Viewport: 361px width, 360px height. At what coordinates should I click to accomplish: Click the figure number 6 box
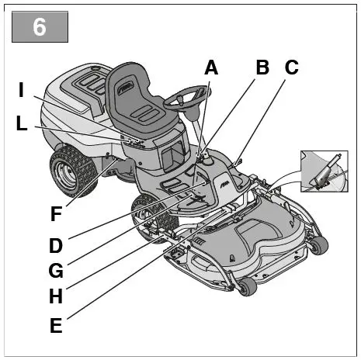40,27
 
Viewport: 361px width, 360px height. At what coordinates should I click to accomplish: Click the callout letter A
210,68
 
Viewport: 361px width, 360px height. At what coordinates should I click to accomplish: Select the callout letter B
262,67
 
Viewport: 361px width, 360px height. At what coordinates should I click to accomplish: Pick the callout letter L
23,123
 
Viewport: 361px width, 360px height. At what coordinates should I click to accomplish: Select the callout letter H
55,296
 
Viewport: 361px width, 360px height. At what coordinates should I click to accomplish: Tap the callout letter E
55,326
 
